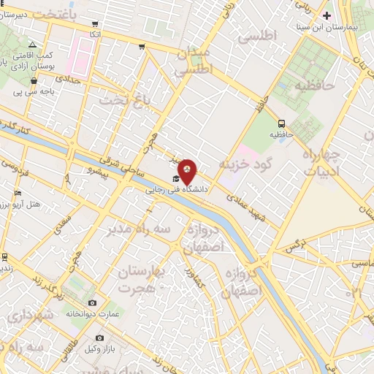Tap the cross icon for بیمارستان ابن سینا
pos(327,15)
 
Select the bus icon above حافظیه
pos(282,123)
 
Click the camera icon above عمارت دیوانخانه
pos(92,302)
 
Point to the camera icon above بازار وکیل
pos(100,338)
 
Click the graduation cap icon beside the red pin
pos(175,179)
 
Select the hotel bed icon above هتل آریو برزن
pos(18,193)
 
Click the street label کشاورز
pos(195,275)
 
